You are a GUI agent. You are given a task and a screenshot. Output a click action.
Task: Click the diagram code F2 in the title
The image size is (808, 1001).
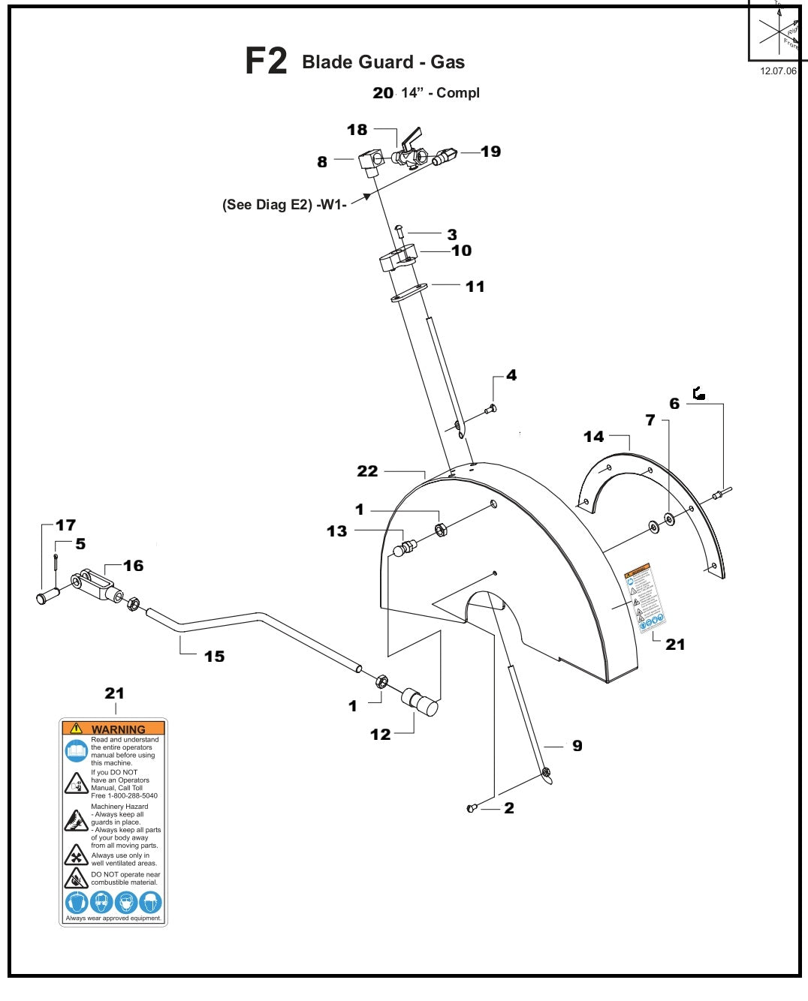coord(266,62)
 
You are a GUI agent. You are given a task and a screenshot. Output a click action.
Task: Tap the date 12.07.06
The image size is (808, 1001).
coord(777,71)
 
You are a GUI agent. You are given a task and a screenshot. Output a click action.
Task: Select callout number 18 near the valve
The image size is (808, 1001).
coord(357,130)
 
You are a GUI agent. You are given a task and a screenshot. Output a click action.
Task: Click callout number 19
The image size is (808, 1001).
coord(490,152)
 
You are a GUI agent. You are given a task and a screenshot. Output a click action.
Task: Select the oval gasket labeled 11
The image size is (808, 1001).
coord(409,292)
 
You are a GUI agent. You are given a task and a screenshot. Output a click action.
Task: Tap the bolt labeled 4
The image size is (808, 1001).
coord(490,409)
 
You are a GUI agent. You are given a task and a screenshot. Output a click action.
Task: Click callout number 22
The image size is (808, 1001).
coord(367,471)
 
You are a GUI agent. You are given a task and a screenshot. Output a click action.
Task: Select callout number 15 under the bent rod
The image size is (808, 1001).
coord(214,657)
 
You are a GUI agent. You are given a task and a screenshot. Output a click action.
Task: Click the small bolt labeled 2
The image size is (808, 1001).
coord(472,808)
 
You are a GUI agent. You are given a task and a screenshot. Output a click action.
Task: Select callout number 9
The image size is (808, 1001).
coord(577,746)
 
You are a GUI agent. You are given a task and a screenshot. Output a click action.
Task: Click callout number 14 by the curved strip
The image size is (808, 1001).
coord(593,437)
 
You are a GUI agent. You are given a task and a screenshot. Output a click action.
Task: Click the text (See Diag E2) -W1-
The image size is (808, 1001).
coord(284,205)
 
